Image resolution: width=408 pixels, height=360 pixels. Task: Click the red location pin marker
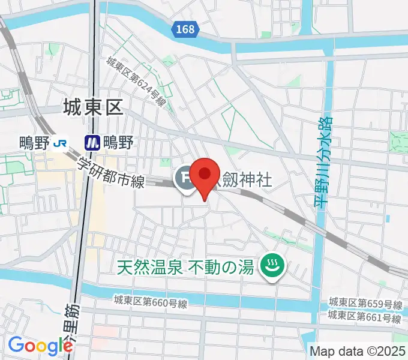[x=205, y=175]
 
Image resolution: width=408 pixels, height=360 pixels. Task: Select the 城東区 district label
[x=92, y=107]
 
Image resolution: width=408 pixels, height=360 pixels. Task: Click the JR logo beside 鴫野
[x=60, y=142]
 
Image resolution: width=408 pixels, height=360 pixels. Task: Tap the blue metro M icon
[x=92, y=142]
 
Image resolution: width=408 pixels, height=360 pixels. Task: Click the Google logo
[x=40, y=345]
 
